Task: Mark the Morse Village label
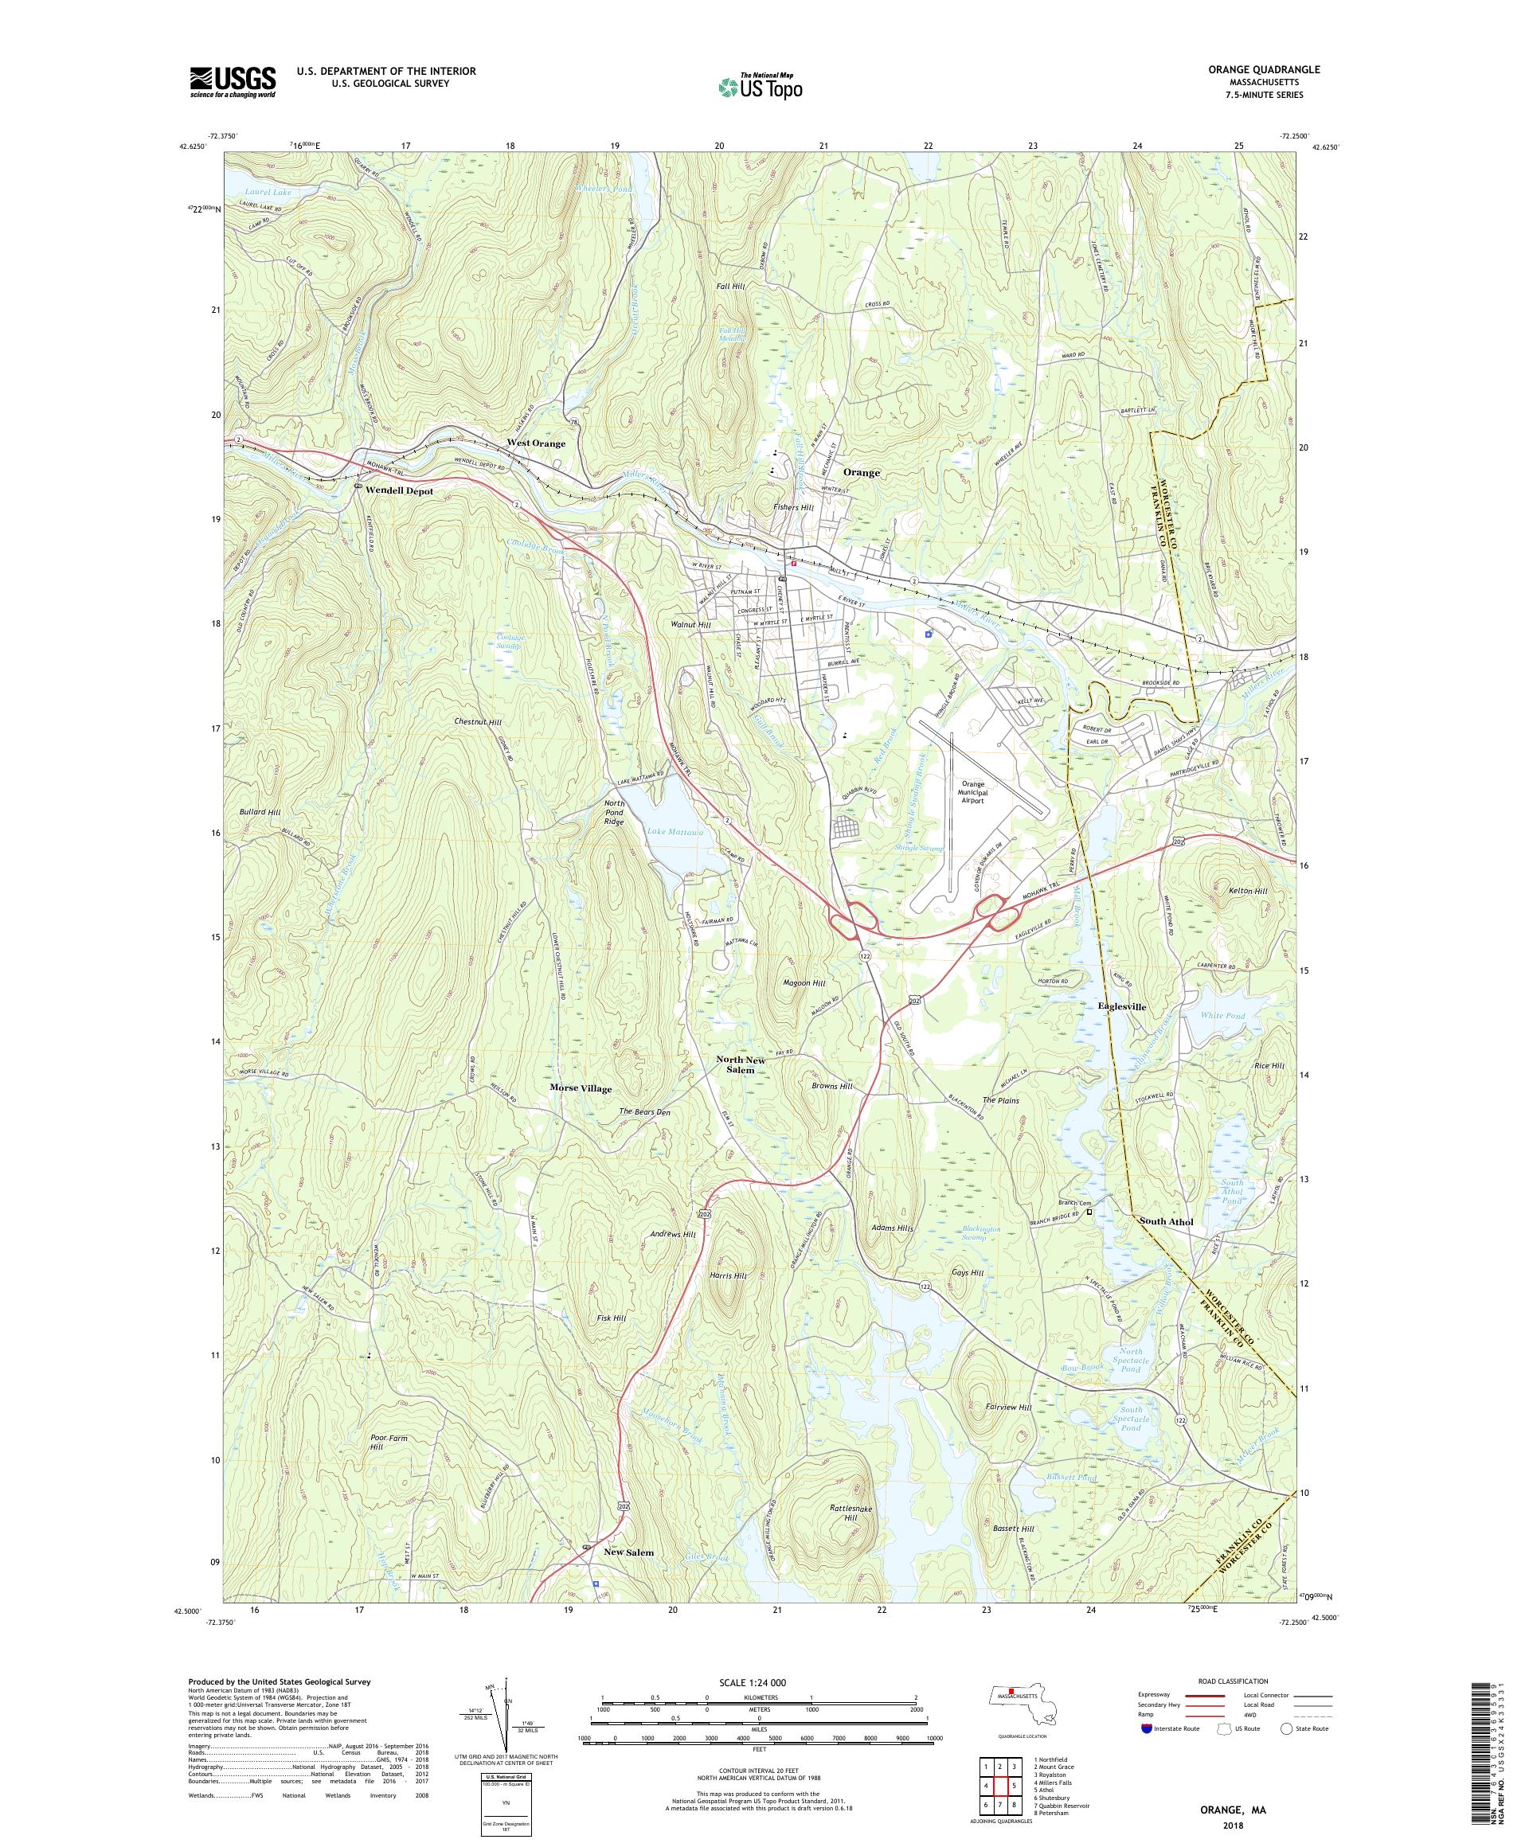(580, 1088)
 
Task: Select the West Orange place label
(535, 443)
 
